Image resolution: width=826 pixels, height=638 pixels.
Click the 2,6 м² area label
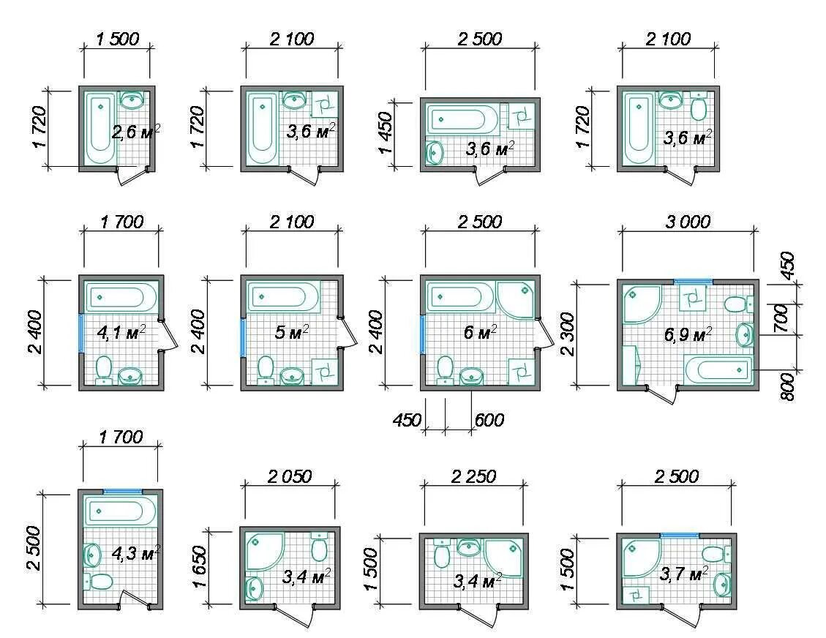pyautogui.click(x=135, y=130)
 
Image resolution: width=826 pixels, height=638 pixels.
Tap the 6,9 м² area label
pyautogui.click(x=688, y=334)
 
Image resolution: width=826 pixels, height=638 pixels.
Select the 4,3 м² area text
pyautogui.click(x=136, y=553)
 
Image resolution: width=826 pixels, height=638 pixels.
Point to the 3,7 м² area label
pyautogui.click(x=684, y=574)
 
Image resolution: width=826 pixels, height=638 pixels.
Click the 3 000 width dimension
pyautogui.click(x=688, y=222)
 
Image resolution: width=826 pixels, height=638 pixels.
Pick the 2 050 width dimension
pyautogui.click(x=290, y=476)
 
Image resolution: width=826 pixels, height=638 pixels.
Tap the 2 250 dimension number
pyautogui.click(x=473, y=476)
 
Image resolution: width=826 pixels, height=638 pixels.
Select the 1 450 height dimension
pyautogui.click(x=386, y=132)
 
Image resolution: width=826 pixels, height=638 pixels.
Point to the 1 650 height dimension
pyautogui.click(x=200, y=566)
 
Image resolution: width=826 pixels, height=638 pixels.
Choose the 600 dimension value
pyautogui.click(x=489, y=420)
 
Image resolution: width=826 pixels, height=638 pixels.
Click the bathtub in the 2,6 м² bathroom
pyautogui.click(x=100, y=129)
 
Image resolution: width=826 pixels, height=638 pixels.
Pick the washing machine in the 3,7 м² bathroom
pyautogui.click(x=636, y=595)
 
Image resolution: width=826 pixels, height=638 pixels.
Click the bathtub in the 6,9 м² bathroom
pyautogui.click(x=718, y=369)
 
